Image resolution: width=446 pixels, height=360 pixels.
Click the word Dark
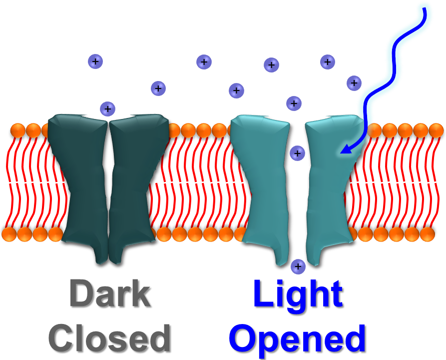(109, 294)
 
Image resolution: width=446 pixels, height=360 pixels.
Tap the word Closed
(109, 338)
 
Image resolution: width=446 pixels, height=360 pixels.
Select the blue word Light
(298, 294)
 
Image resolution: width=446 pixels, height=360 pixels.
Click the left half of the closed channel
(78, 185)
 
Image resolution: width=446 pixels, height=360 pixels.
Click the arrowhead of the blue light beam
(343, 149)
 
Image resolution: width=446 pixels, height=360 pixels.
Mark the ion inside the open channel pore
(297, 153)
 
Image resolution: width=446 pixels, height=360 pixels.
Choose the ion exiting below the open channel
(298, 266)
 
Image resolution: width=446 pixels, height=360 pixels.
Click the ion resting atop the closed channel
(107, 108)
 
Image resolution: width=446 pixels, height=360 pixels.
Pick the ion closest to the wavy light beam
(354, 82)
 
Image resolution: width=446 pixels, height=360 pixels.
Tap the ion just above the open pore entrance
(294, 103)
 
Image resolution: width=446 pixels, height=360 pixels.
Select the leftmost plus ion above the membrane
(95, 61)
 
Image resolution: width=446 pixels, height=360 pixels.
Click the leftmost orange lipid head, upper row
(17, 131)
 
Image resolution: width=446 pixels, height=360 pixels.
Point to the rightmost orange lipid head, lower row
(428, 234)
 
